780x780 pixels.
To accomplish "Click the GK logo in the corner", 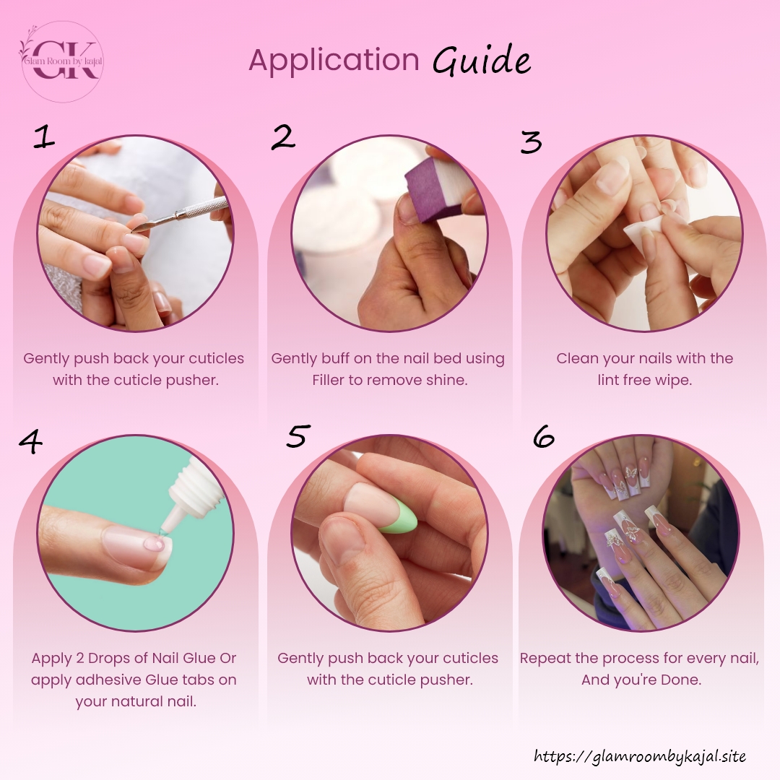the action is click(62, 61).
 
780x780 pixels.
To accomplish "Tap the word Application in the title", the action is click(334, 61).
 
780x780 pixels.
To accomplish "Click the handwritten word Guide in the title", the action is click(481, 60).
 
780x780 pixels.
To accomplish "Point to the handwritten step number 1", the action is click(44, 136).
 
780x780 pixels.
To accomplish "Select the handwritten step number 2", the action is click(283, 136).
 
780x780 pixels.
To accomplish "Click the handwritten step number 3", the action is click(531, 142).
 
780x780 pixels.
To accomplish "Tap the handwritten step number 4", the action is click(30, 442).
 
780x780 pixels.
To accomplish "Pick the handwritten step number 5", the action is click(298, 435).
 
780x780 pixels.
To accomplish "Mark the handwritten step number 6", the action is click(543, 436).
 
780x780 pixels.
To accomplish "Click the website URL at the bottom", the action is click(640, 756).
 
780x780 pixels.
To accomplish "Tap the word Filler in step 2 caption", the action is click(329, 380).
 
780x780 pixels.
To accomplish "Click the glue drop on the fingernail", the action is click(155, 544).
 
